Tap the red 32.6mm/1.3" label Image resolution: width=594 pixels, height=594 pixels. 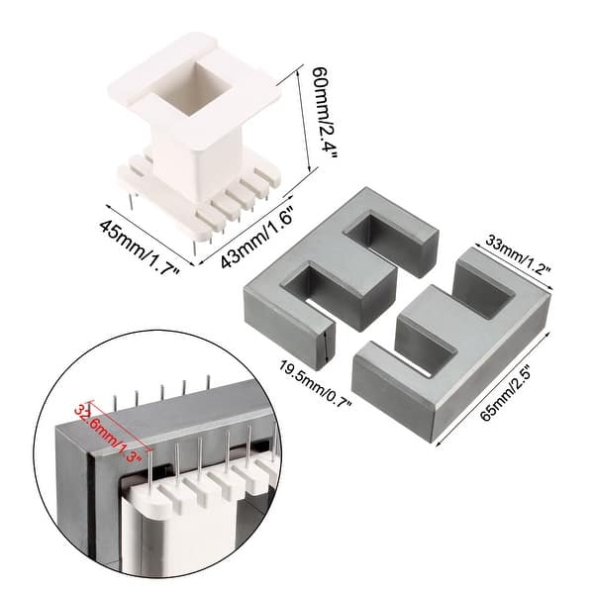(109, 433)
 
